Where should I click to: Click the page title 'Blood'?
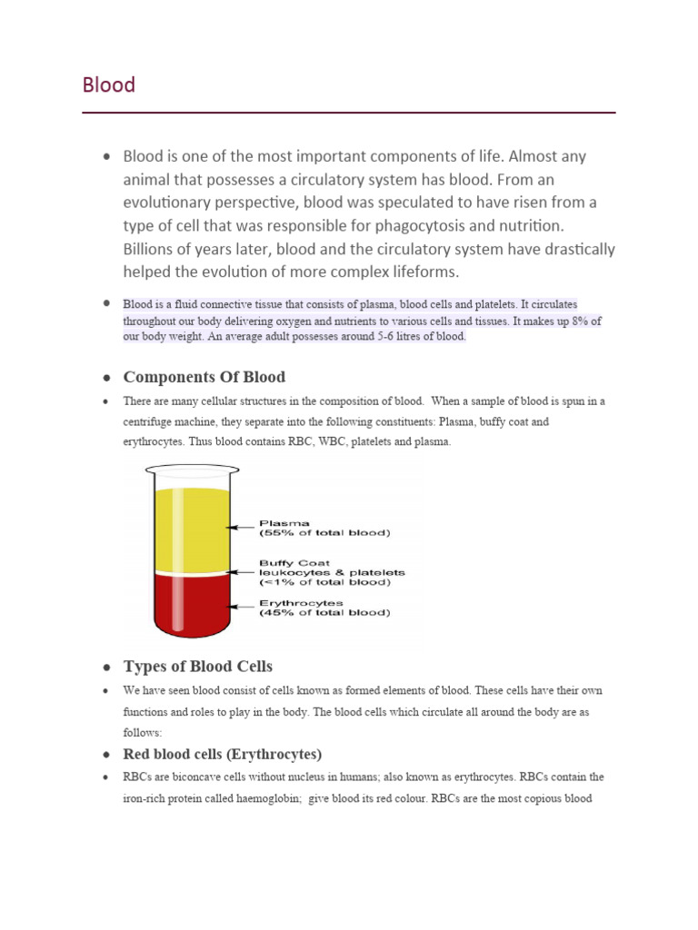109,85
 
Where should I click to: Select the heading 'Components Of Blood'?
204,377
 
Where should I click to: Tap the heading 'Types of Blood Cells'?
197,667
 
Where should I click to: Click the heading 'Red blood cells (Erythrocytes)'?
223,755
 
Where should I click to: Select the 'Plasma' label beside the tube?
284,523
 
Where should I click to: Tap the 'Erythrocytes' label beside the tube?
301,602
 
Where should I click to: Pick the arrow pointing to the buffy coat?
243,572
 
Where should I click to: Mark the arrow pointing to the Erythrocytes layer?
243,604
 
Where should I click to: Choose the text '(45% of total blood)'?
324,613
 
